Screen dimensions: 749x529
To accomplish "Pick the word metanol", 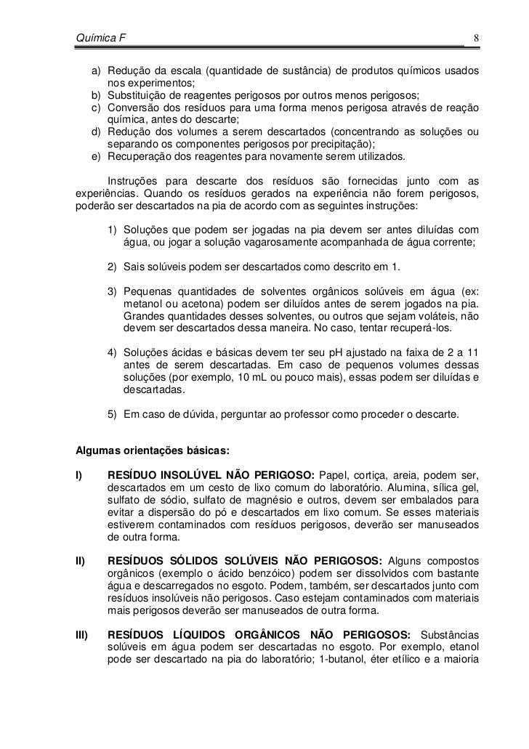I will coord(145,304).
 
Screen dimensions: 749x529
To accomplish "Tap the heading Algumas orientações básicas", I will coord(153,451).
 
